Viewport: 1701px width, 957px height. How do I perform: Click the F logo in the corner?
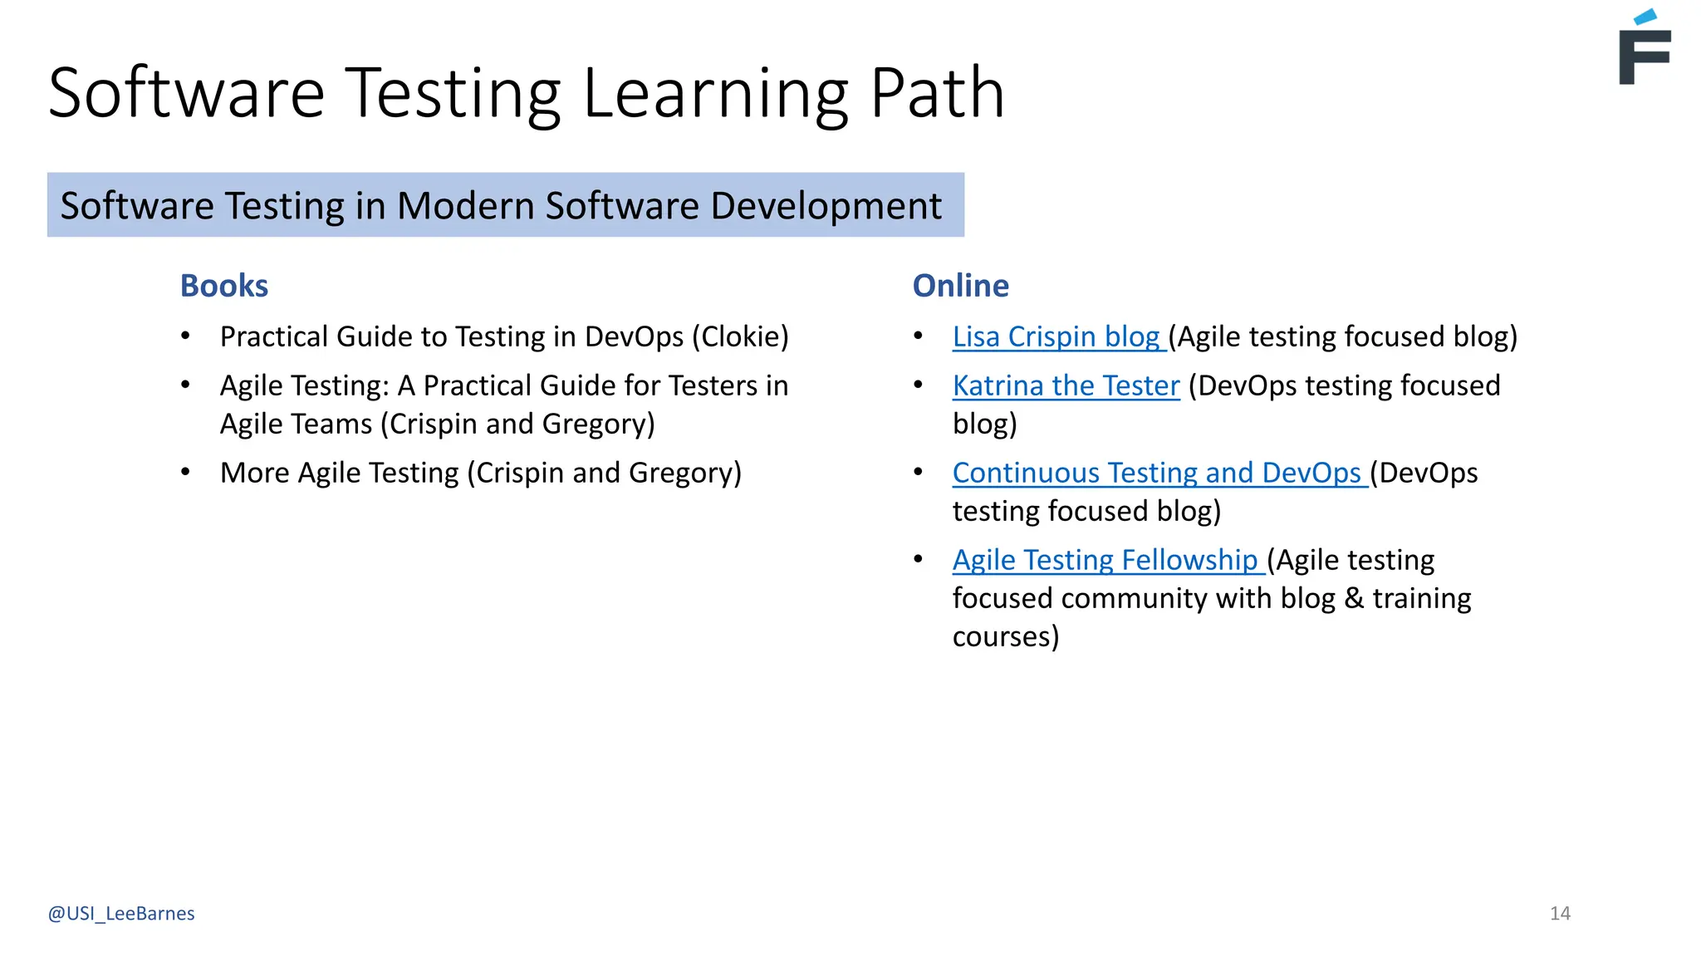tap(1644, 50)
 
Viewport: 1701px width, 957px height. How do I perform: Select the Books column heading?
tap(224, 286)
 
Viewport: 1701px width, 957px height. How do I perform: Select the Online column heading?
tap(960, 286)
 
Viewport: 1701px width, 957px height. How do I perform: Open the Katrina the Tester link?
tap(1066, 385)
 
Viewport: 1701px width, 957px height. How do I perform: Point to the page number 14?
tap(1560, 913)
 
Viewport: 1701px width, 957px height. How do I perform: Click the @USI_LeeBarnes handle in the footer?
tap(121, 913)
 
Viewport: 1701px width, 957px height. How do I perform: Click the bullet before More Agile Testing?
tap(186, 473)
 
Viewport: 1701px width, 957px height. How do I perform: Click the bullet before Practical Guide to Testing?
tap(186, 336)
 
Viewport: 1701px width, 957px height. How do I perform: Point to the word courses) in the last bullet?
tap(1005, 636)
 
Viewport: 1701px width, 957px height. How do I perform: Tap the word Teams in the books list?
tap(335, 424)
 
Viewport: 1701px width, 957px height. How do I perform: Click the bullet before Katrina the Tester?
tap(919, 385)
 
